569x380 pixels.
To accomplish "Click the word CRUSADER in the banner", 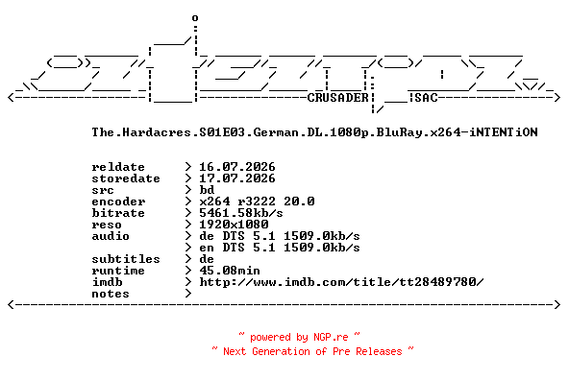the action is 338,98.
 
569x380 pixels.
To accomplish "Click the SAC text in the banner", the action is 426,98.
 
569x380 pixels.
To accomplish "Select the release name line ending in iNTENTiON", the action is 314,132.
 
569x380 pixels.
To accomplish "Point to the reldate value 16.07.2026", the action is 237,167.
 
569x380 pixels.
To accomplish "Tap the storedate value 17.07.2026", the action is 237,178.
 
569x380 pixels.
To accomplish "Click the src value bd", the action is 207,190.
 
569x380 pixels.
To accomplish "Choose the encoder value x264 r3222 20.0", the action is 257,202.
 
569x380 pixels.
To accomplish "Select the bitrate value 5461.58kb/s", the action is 241,213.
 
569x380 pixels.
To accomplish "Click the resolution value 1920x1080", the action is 234,225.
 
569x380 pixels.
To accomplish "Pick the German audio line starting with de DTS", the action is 280,236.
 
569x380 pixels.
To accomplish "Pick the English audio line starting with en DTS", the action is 280,248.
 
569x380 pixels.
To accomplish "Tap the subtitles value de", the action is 207,259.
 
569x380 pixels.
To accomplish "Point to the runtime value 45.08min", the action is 230,271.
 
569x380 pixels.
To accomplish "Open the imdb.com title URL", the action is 341,282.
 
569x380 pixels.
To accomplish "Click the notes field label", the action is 111,294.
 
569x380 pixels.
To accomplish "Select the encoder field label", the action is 118,202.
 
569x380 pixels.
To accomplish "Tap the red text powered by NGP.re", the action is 299,337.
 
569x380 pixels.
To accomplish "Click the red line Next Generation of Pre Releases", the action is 312,351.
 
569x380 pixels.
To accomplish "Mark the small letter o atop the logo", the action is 195,17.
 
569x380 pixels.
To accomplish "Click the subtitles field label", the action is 126,259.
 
